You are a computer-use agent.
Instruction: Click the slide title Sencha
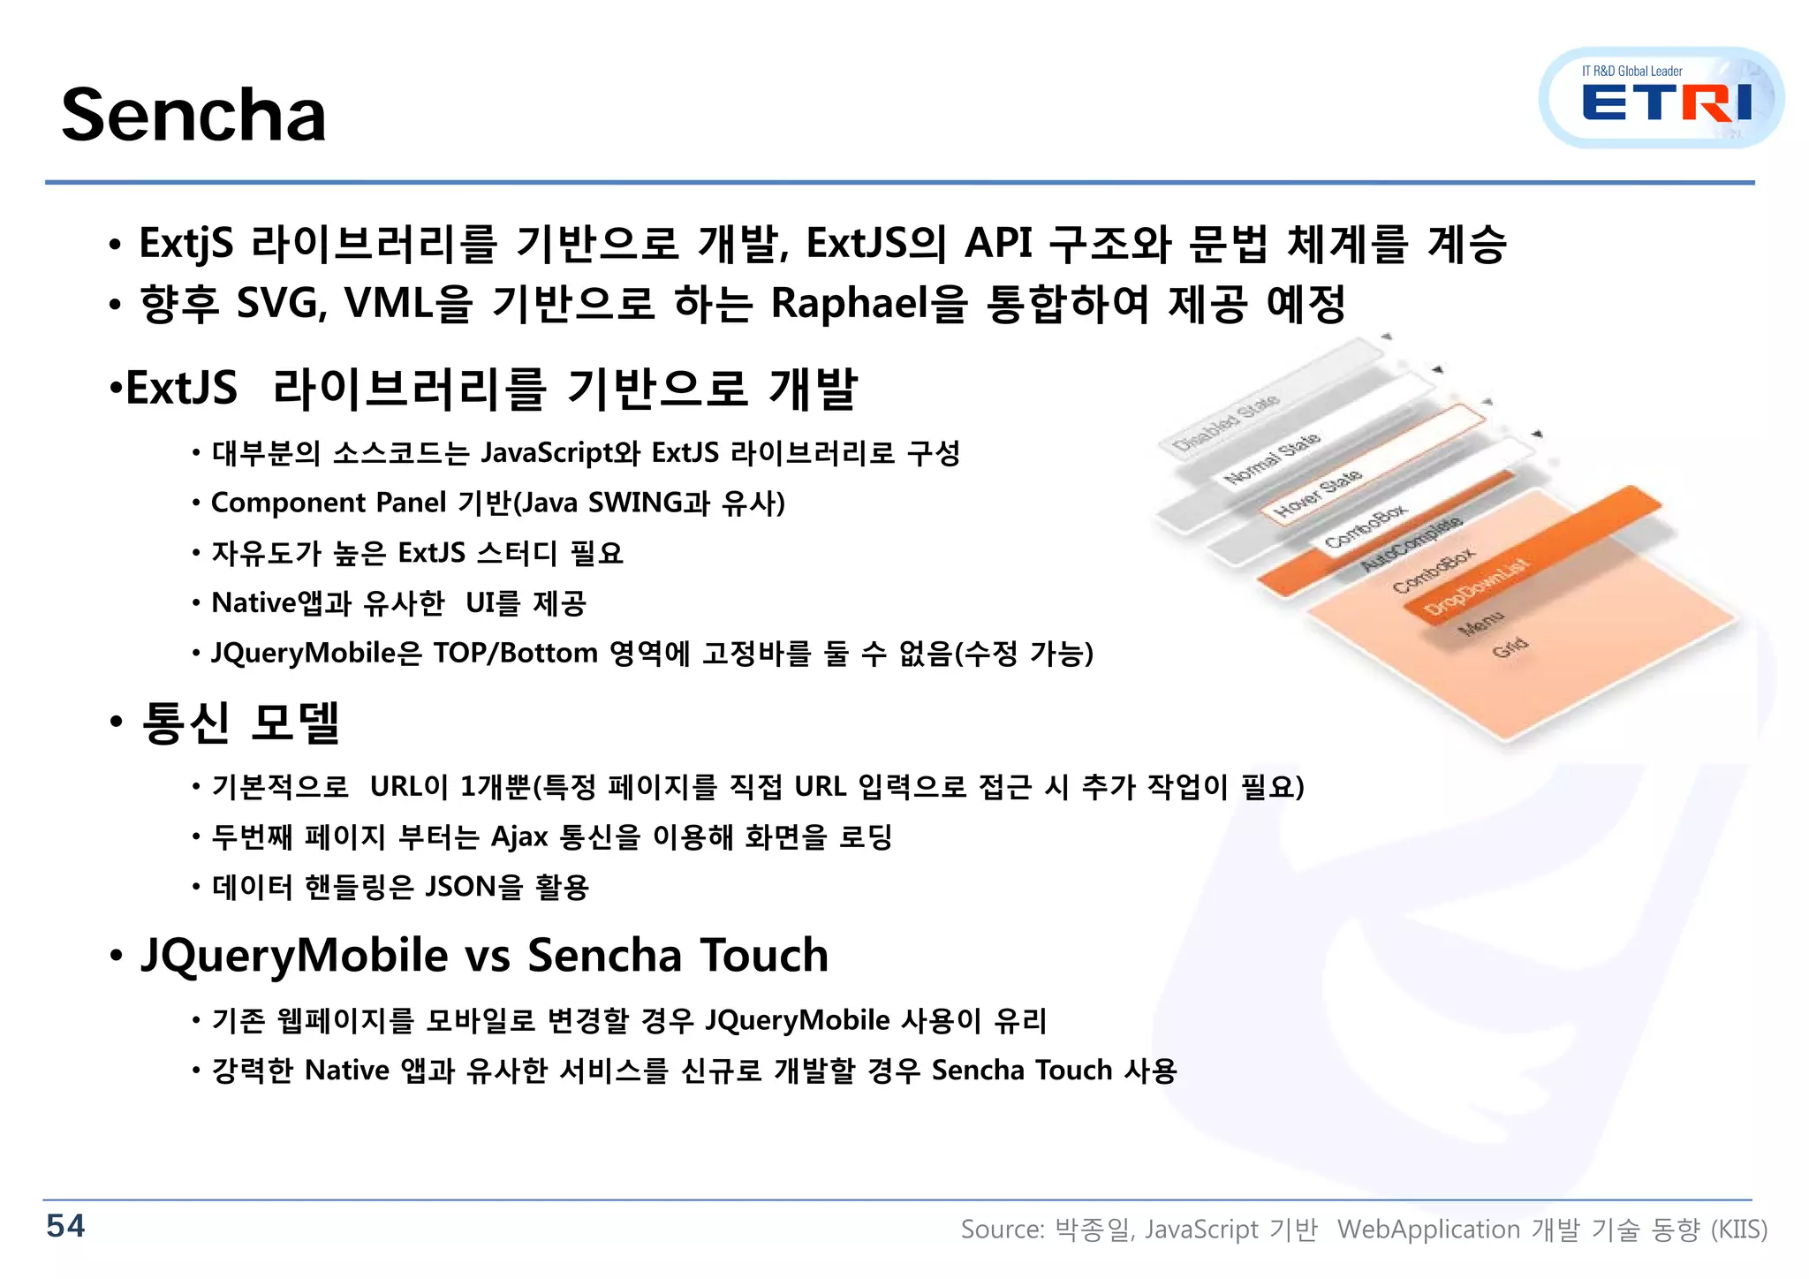click(x=193, y=115)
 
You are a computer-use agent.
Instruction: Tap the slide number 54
click(x=65, y=1226)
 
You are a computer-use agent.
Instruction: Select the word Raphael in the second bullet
click(x=847, y=303)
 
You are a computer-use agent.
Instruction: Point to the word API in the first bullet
click(x=998, y=243)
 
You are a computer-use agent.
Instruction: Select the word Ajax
click(x=519, y=836)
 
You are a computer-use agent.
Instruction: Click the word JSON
click(x=460, y=886)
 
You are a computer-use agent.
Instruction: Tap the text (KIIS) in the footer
click(x=1738, y=1230)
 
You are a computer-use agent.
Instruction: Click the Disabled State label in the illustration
click(x=1226, y=422)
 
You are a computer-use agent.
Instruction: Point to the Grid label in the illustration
click(x=1510, y=647)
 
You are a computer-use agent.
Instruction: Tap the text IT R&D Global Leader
click(x=1631, y=72)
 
